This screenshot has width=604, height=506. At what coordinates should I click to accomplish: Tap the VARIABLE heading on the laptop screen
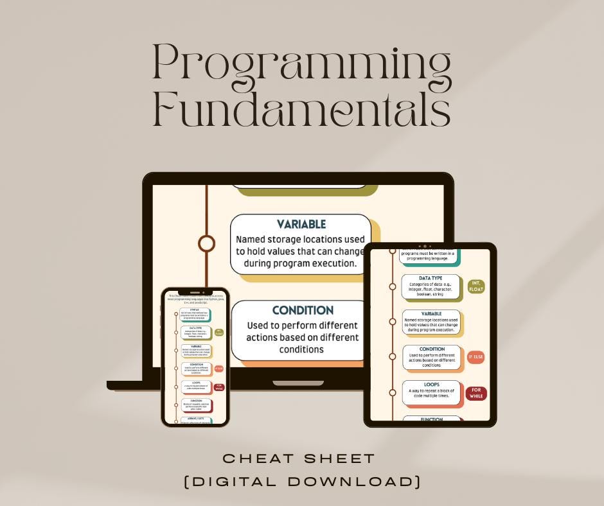[x=301, y=224]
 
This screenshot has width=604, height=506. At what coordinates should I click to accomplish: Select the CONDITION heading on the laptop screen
[x=303, y=310]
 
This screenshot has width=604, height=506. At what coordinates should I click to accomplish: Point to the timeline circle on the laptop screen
[x=206, y=243]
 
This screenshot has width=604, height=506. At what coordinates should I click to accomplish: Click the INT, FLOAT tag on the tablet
[x=476, y=286]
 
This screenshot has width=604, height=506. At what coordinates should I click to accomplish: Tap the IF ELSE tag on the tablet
[x=475, y=356]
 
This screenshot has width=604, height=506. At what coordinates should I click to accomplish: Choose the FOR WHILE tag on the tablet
[x=476, y=393]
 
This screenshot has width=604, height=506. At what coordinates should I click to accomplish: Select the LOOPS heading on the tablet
[x=431, y=385]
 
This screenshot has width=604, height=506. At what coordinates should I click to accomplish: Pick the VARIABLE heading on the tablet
[x=431, y=313]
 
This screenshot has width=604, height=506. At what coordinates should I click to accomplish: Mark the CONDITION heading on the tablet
[x=431, y=349]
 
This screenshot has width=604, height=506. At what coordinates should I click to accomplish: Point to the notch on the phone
[x=195, y=293]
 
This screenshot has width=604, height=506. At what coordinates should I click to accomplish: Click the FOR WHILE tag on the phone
[x=219, y=387]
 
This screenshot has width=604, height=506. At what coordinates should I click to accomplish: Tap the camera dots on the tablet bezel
[x=423, y=246]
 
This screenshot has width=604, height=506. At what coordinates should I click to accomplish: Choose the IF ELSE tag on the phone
[x=218, y=369]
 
